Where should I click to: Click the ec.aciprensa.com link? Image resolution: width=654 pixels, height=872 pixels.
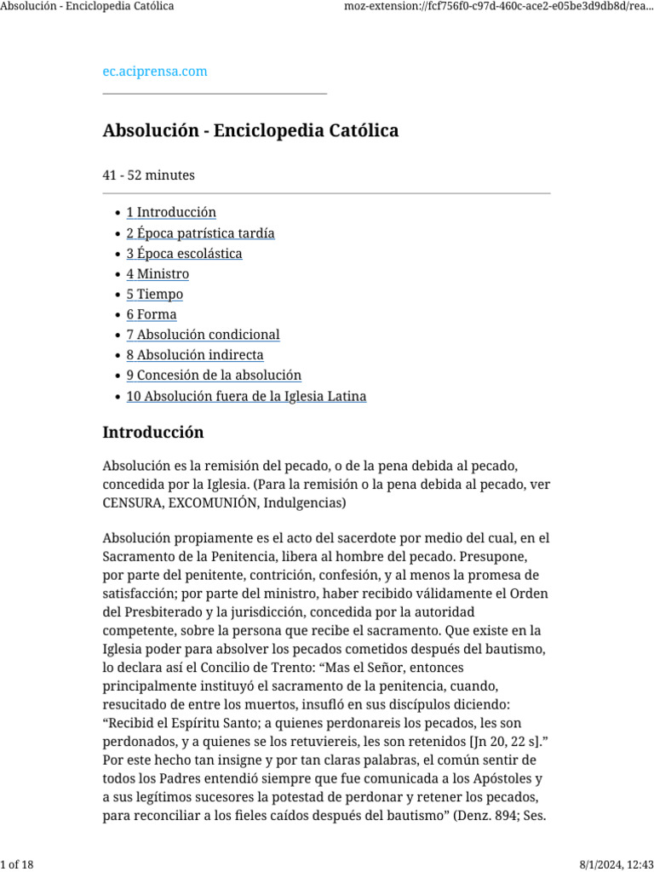coord(155,72)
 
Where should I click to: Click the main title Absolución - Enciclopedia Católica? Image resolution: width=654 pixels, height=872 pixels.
coord(250,131)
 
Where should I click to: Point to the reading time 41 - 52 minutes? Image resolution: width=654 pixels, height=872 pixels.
coord(148,175)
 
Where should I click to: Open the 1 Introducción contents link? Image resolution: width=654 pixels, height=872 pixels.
coord(171,213)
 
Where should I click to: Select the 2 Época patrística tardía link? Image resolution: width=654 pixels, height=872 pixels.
coord(200,233)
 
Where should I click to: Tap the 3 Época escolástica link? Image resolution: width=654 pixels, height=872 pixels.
coord(184,254)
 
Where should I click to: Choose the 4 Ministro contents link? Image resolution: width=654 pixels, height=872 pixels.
coord(158,274)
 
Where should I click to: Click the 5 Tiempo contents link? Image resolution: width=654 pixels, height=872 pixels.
coord(155,295)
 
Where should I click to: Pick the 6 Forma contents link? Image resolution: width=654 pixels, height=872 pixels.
coord(152,315)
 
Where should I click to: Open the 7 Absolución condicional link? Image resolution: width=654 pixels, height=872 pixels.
coord(203,336)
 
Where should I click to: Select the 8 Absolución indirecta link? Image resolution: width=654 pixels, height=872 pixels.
coord(195,355)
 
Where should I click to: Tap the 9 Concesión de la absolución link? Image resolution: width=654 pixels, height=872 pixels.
coord(214,376)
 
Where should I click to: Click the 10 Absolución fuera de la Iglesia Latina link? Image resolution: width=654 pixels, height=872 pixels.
coord(246,397)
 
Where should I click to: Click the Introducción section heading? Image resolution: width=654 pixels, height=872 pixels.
coord(153,433)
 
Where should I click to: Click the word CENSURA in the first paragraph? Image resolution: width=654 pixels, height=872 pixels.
coord(132,504)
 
